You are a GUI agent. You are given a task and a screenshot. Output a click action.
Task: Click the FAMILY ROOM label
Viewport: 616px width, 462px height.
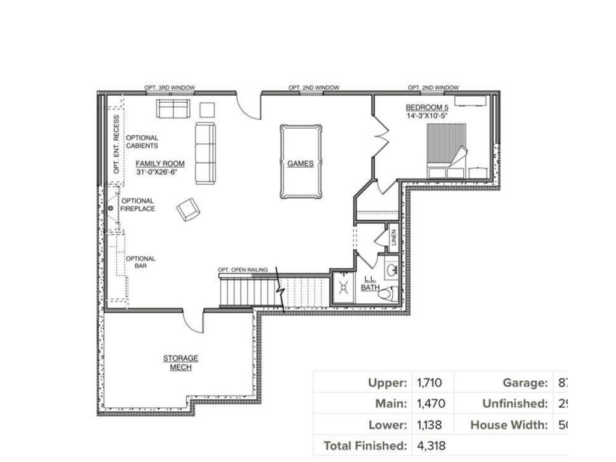click(159, 164)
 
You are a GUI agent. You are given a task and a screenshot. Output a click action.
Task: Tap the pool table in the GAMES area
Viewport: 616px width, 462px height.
click(300, 162)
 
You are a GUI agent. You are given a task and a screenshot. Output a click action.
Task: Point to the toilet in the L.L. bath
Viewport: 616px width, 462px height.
click(389, 294)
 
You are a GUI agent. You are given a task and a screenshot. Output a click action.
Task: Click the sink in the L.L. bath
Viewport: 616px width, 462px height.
click(392, 268)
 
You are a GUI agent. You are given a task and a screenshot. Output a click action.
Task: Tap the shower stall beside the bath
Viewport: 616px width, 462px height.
click(344, 288)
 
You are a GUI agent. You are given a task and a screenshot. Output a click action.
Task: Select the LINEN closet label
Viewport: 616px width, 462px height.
click(393, 238)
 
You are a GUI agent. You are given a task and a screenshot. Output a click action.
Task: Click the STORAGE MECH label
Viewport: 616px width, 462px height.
click(180, 363)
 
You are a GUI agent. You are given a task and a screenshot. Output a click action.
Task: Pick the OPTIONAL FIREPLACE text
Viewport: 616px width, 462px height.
click(138, 205)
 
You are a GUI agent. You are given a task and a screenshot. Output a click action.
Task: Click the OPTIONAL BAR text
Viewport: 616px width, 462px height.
click(140, 262)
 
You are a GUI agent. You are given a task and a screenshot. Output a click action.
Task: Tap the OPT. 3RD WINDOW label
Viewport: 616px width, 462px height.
click(169, 88)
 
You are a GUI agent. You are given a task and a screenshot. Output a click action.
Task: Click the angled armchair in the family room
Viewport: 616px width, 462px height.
click(188, 209)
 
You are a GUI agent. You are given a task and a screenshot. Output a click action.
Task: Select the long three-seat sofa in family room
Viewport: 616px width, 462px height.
click(205, 153)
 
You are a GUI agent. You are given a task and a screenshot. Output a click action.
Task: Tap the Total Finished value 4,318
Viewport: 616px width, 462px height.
click(430, 446)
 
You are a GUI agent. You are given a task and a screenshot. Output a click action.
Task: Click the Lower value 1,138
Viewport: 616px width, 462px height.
click(430, 425)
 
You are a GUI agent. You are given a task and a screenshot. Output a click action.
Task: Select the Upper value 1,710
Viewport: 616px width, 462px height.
click(430, 383)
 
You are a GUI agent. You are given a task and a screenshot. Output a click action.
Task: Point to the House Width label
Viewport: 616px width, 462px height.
click(509, 425)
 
